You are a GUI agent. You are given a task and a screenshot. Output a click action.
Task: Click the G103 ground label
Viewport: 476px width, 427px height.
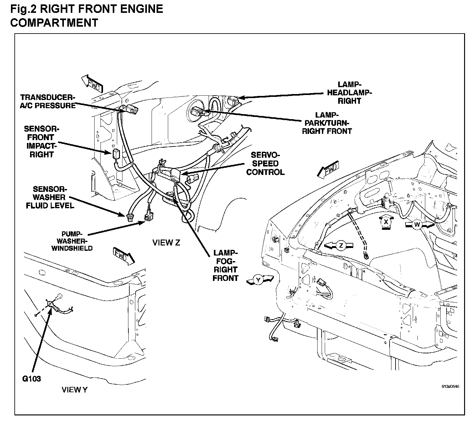[32, 379]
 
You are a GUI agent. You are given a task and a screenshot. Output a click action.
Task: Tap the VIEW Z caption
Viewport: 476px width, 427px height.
[166, 243]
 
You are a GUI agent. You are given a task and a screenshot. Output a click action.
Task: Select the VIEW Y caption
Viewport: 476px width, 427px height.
[75, 390]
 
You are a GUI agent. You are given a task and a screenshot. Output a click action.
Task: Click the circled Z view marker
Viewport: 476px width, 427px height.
[341, 246]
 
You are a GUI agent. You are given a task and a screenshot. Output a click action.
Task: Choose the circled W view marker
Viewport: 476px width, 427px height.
[416, 224]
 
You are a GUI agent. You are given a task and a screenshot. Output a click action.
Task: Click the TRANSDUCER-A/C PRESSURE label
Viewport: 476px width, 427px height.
[48, 101]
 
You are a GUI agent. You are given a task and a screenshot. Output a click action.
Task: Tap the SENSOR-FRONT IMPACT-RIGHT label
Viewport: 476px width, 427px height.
[41, 142]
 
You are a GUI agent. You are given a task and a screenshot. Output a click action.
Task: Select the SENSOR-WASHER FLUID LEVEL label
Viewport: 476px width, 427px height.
[50, 198]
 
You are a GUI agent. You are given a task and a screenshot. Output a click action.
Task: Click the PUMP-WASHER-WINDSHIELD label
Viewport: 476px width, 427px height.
[72, 241]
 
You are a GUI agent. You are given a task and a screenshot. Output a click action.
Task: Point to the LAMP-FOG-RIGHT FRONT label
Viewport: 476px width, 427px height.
[225, 265]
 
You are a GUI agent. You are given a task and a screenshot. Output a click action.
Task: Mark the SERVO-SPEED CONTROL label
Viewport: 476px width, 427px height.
[265, 164]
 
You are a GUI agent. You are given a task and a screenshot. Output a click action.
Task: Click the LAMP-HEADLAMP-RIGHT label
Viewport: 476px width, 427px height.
[349, 93]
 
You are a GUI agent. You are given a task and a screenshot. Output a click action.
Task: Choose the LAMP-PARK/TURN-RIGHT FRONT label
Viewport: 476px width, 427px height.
[327, 124]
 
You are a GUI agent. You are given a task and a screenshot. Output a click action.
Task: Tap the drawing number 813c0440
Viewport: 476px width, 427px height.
[450, 387]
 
